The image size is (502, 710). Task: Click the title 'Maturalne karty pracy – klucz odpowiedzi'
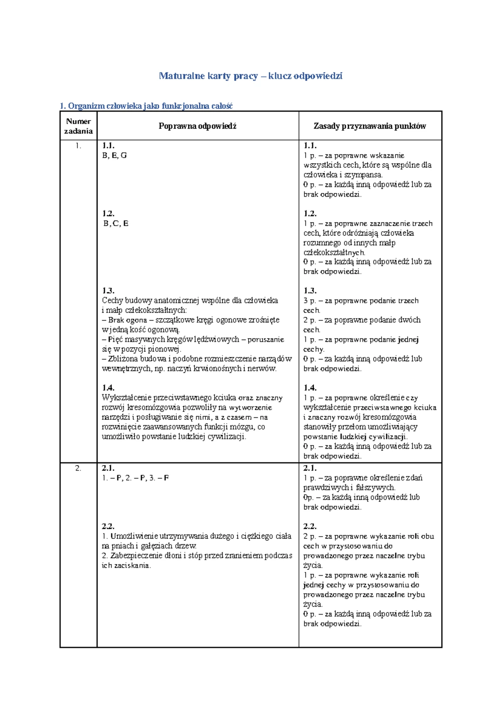[251, 76]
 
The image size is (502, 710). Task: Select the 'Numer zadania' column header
[78, 126]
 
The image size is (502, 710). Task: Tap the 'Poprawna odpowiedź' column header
[197, 126]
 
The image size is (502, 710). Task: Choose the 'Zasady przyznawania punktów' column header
[370, 126]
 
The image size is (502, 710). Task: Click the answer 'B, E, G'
[114, 155]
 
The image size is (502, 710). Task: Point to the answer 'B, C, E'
[115, 224]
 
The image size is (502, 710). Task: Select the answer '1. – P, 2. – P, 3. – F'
[135, 478]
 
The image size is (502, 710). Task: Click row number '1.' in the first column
[78, 146]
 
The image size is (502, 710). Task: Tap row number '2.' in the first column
[78, 468]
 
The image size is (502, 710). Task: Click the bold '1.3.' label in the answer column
[108, 291]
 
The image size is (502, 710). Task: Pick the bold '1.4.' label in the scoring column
[310, 388]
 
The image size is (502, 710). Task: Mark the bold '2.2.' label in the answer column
[108, 526]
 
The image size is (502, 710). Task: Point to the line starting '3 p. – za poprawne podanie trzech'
[361, 301]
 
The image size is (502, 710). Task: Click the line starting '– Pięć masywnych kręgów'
[193, 340]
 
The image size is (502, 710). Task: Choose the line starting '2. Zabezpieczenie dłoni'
[197, 556]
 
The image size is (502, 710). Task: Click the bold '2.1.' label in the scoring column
[310, 468]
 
